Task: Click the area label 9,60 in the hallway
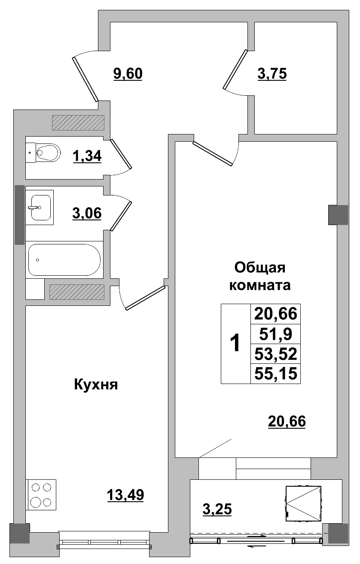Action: [128, 74]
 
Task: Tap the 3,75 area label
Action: [272, 74]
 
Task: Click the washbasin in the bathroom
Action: [40, 207]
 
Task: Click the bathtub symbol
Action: [64, 259]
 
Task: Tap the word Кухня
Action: [96, 384]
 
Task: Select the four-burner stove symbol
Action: [41, 494]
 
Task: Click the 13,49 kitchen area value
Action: [125, 495]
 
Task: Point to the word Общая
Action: [260, 268]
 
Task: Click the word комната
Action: [260, 285]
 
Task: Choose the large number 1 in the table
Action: [235, 344]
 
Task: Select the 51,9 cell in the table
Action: [275, 334]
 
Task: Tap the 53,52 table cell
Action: [275, 354]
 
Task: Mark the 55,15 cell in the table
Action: [275, 373]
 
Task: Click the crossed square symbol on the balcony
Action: [304, 503]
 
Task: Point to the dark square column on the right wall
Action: [338, 215]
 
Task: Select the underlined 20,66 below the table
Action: [287, 422]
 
